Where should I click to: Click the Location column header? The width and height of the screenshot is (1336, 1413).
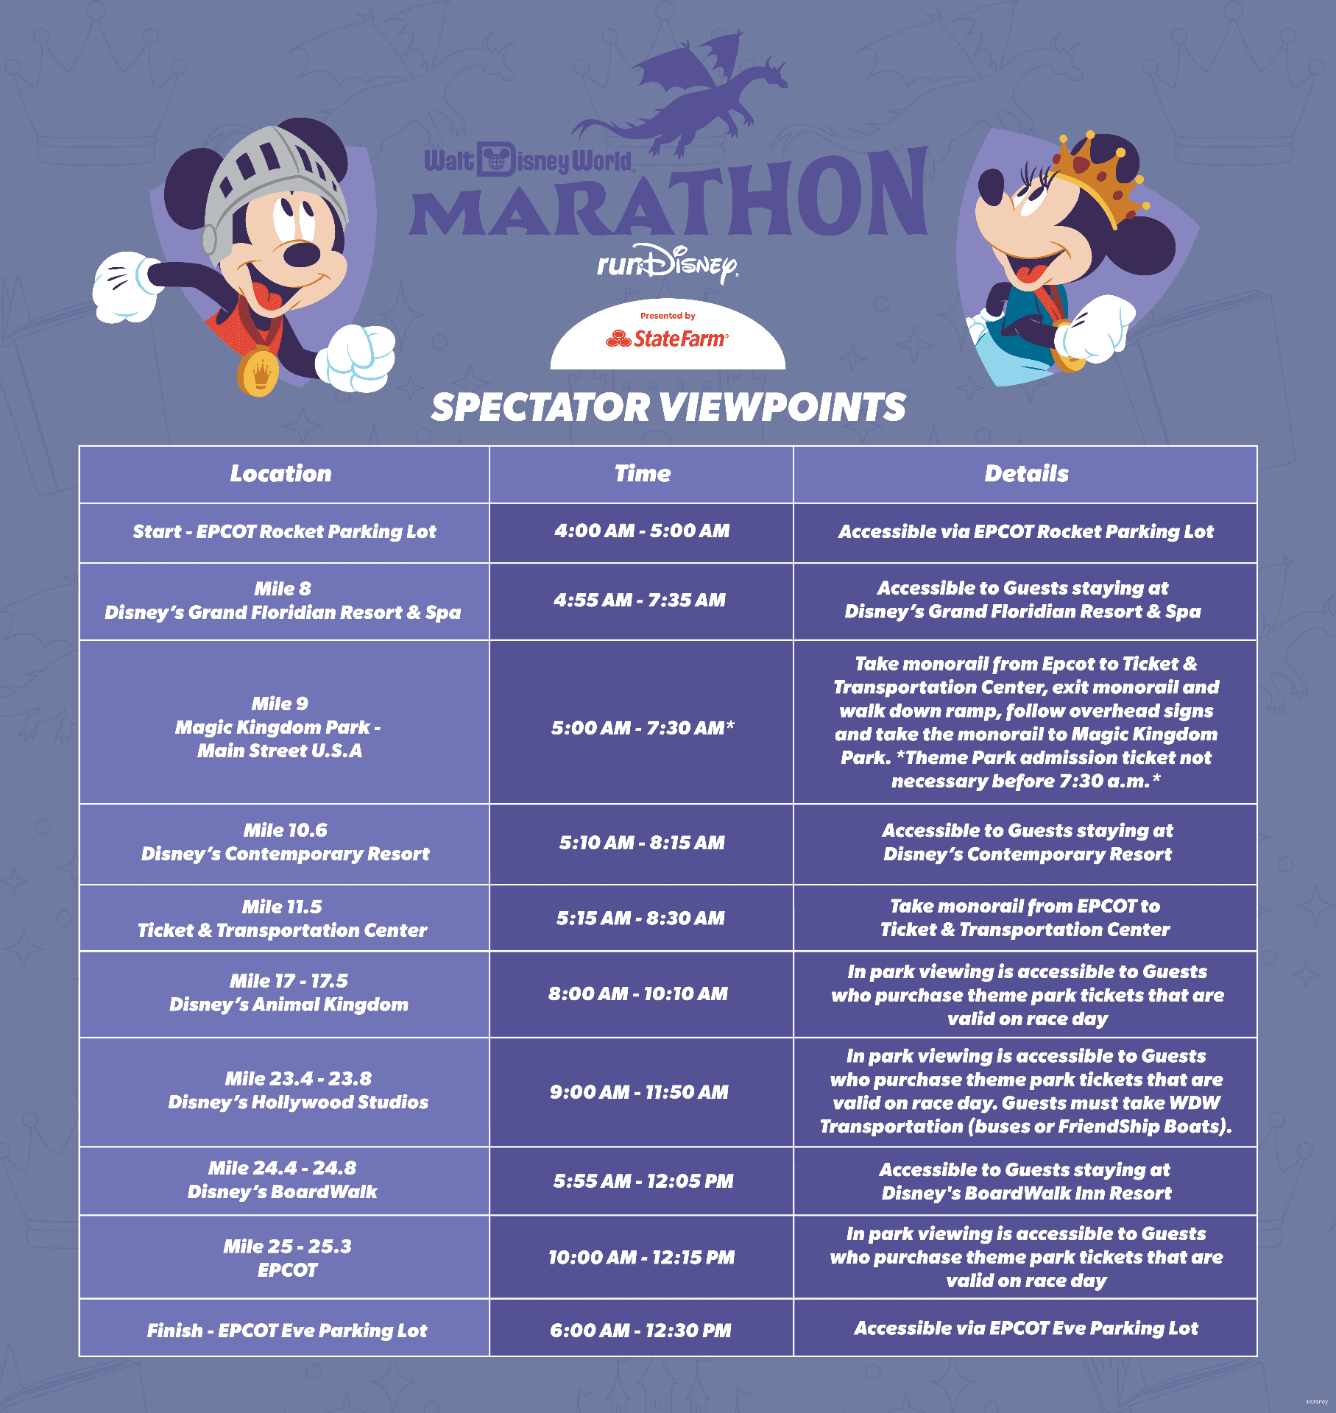[281, 473]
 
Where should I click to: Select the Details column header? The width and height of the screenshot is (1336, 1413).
[1026, 473]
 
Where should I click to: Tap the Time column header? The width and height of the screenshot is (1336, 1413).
[643, 473]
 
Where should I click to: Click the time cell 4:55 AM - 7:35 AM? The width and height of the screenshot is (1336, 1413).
[640, 601]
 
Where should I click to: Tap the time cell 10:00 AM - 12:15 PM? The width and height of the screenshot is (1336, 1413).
[641, 1257]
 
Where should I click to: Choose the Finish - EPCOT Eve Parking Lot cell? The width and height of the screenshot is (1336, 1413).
[286, 1331]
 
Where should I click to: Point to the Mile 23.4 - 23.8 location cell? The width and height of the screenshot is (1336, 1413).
[298, 1090]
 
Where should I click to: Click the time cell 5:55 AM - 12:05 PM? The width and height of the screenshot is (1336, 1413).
[643, 1181]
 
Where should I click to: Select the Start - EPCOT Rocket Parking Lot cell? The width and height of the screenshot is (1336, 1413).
[284, 531]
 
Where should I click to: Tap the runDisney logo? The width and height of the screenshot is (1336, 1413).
[668, 263]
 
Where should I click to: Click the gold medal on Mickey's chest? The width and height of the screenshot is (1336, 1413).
[258, 372]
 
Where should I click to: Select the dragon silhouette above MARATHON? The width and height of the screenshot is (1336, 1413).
[681, 92]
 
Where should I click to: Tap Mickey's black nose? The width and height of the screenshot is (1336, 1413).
[302, 255]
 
